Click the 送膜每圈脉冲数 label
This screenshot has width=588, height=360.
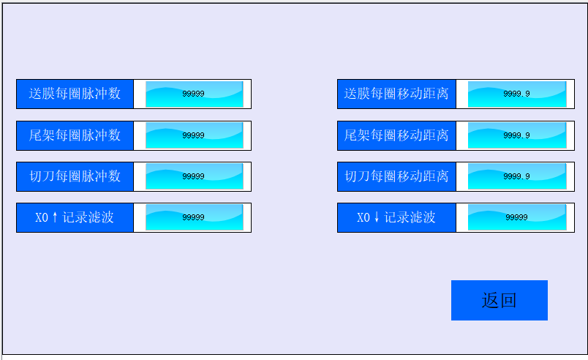75,94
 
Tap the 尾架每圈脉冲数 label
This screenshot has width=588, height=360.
75,135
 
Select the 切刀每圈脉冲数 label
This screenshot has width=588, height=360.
75,176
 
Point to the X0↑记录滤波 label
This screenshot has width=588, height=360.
75,217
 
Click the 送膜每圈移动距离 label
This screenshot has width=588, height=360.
396,94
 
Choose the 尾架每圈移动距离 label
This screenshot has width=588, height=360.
396,135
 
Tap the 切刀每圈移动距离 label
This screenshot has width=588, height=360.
396,176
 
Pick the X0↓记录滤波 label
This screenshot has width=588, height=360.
396,217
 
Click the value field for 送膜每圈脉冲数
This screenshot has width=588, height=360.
194,94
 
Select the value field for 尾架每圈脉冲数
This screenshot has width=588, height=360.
194,135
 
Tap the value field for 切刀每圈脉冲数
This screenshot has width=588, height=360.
194,176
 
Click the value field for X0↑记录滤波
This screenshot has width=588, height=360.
194,217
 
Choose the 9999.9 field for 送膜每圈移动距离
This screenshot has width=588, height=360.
516,94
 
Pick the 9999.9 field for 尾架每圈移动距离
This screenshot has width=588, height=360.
516,135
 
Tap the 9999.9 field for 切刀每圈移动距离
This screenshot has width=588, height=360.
516,176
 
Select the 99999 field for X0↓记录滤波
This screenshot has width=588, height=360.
516,217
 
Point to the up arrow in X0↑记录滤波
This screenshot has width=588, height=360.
55,217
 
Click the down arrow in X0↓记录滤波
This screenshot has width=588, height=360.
377,217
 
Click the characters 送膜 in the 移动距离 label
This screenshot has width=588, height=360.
358,94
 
